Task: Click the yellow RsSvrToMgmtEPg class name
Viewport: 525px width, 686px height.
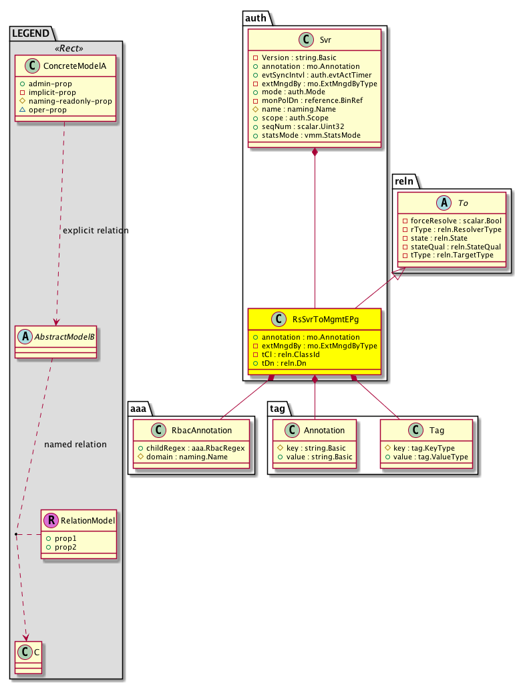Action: [x=325, y=320]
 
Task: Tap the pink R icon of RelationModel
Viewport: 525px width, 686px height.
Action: [x=50, y=519]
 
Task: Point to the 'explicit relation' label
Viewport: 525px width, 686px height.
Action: [x=95, y=231]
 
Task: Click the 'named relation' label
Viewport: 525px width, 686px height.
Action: [x=75, y=444]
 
